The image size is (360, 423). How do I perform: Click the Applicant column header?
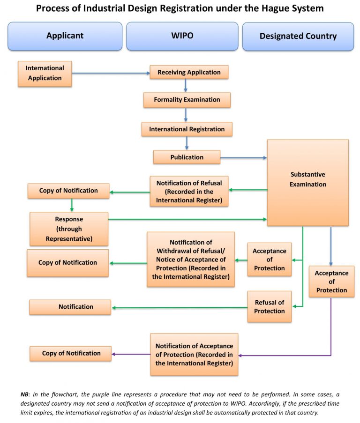[x=65, y=36]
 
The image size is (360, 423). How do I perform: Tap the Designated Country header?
[x=298, y=36]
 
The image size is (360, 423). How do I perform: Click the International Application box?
[x=45, y=73]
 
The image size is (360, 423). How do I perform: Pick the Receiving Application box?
[x=189, y=72]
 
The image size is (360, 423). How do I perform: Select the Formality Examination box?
[x=187, y=100]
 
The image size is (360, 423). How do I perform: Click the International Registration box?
[x=187, y=129]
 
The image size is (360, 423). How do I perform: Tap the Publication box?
[x=187, y=157]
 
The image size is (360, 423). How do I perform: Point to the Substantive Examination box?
[x=307, y=183]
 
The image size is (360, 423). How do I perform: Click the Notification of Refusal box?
[x=189, y=191]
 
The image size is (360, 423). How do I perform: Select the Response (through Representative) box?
[x=69, y=229]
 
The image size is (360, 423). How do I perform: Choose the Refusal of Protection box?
[x=270, y=306]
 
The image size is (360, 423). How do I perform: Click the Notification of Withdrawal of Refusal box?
[x=191, y=259]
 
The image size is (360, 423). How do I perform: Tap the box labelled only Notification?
[x=70, y=307]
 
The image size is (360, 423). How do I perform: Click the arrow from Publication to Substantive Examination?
[x=243, y=157]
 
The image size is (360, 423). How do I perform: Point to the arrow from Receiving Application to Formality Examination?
[x=186, y=85]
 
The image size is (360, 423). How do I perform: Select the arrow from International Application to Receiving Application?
[x=111, y=73]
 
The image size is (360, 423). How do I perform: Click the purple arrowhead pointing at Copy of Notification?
[x=114, y=354]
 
